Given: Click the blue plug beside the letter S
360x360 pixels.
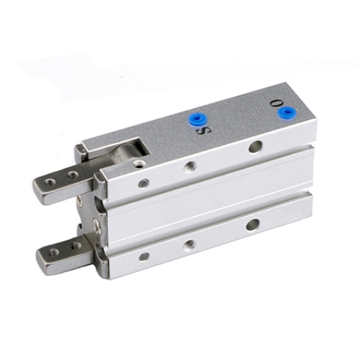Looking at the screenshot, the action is [197, 119].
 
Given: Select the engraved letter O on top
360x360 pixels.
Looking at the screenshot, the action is [274, 103].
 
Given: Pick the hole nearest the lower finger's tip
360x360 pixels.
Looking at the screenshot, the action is [53, 253].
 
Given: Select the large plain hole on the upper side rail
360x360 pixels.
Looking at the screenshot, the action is [256, 146].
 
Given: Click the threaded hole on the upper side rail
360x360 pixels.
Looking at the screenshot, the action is [190, 166].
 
